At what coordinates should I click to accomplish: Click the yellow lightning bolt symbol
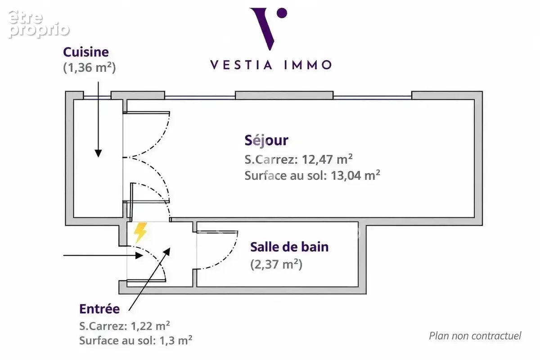140,232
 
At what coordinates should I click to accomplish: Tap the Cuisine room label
86,52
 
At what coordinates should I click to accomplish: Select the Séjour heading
266,140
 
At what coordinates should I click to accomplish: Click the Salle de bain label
289,247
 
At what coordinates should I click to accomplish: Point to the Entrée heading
99,309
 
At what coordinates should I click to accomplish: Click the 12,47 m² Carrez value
327,159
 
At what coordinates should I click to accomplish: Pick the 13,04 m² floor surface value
355,175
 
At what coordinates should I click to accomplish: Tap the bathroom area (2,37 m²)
276,265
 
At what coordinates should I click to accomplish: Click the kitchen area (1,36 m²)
90,67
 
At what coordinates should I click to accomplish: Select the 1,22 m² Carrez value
150,326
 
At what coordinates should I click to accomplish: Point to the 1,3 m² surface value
176,341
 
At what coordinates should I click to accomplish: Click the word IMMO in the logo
308,65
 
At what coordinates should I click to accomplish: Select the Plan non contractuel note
475,336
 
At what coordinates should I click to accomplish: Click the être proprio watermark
39,24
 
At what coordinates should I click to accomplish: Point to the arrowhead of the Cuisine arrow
98,153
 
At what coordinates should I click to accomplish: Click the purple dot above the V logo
282,13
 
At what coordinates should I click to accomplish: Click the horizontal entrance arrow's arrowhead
139,255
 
